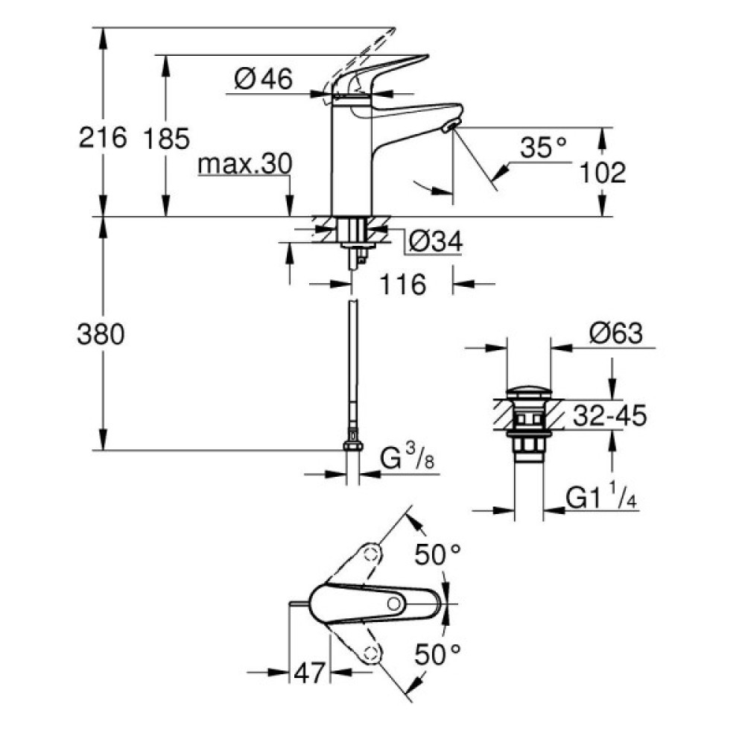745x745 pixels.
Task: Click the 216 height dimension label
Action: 102,138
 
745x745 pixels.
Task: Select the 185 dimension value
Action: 167,138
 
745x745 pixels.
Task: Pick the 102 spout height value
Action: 602,172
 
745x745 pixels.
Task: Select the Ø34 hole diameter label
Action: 436,241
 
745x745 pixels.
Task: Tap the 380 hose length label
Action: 101,335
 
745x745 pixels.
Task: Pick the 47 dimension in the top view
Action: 309,672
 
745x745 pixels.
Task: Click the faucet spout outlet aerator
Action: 449,127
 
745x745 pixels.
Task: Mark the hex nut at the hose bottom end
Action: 352,445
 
